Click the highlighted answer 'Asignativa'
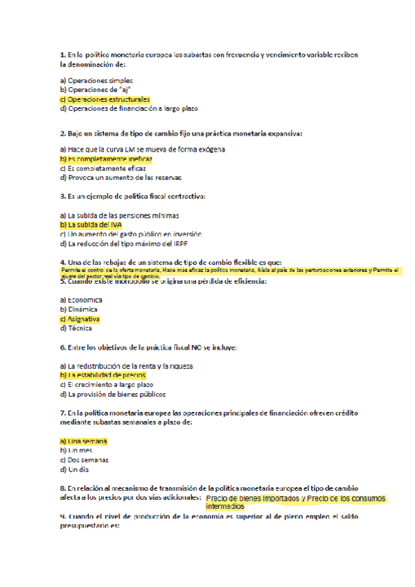coord(83,319)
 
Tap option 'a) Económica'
coord(81,300)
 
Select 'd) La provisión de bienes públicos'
coord(113,395)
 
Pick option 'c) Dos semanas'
coord(85,460)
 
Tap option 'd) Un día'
coord(75,469)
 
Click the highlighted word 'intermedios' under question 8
coord(225,506)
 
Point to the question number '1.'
coord(63,53)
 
